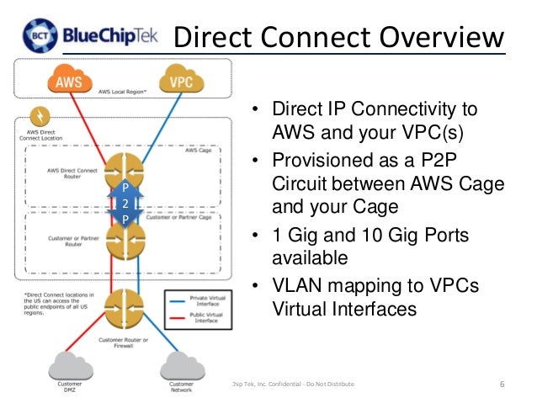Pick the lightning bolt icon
coord(38,118)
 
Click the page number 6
coord(502,384)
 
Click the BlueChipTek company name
coord(114,36)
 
